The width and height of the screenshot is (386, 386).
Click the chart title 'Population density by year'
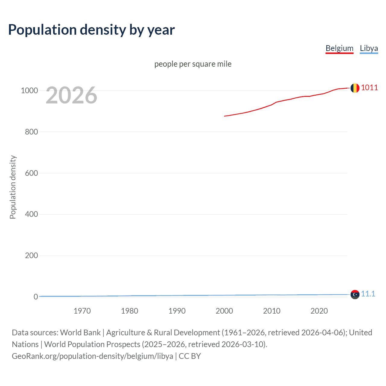click(x=91, y=30)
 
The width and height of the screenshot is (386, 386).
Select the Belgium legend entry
click(x=339, y=48)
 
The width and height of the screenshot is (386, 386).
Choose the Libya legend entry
click(x=369, y=48)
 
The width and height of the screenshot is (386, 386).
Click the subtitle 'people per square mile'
click(x=193, y=64)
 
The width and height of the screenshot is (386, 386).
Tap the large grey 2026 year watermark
click(x=71, y=95)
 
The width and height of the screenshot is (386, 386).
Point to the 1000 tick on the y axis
click(x=29, y=90)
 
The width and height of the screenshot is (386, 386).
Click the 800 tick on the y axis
click(x=31, y=132)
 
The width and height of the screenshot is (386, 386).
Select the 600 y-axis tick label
click(x=31, y=173)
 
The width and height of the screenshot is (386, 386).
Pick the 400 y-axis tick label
click(x=31, y=214)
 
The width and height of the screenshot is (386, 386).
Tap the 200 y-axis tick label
click(x=31, y=256)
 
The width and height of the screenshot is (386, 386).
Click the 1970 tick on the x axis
click(x=82, y=311)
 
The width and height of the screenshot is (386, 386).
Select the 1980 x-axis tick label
click(x=129, y=311)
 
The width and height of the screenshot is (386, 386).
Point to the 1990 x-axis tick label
click(x=177, y=311)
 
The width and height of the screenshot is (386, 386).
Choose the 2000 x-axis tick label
click(x=224, y=311)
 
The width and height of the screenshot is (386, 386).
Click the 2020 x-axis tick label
click(x=319, y=311)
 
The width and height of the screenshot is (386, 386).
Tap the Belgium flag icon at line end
click(x=355, y=88)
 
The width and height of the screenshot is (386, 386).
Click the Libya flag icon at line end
click(x=355, y=294)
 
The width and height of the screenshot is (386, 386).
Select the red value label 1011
click(x=369, y=88)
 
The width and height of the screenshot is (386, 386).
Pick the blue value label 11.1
click(x=368, y=294)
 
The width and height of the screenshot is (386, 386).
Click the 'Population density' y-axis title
click(x=13, y=187)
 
